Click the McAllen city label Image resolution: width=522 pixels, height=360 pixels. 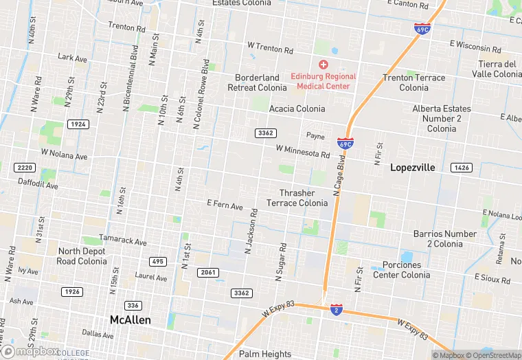(x=130, y=320)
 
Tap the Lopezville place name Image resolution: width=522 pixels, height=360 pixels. (x=413, y=167)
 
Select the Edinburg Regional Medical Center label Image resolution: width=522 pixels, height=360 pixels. (x=323, y=81)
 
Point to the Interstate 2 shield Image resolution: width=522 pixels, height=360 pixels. (x=336, y=309)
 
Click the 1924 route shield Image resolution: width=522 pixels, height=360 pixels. (x=78, y=124)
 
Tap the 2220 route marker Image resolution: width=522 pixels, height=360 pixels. (x=24, y=168)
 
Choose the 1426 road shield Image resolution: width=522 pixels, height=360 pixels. (x=461, y=168)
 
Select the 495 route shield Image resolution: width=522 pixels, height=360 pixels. (x=158, y=262)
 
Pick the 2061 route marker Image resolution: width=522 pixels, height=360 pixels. (x=208, y=273)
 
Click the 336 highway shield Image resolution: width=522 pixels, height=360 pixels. (x=133, y=305)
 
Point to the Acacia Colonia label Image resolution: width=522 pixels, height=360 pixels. (x=297, y=109)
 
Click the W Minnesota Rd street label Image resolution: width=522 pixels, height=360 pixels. (x=303, y=150)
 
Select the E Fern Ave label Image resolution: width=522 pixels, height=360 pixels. (x=225, y=205)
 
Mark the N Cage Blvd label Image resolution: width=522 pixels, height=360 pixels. (x=339, y=175)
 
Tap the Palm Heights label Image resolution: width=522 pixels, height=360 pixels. (x=266, y=354)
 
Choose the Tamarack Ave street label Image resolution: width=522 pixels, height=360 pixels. (x=123, y=242)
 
